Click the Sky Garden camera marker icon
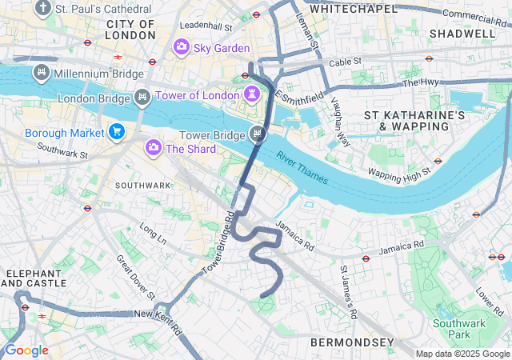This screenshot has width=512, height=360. click(x=182, y=48)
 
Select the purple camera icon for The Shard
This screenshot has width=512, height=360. click(x=153, y=148)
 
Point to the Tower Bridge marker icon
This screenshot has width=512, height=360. click(x=257, y=134)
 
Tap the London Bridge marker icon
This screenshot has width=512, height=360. click(x=142, y=98)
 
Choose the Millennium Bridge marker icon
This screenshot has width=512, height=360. click(x=41, y=74)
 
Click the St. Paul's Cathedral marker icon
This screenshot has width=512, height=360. click(x=42, y=9)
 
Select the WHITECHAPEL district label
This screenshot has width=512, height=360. click(x=353, y=9)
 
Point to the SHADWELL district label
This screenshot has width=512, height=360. click(x=462, y=34)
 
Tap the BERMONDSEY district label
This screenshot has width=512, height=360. click(x=352, y=342)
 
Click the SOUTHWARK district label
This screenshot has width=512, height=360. click(x=143, y=185)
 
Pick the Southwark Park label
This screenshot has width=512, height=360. click(x=453, y=329)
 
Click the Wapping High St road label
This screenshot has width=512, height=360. click(x=399, y=170)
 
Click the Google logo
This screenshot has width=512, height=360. click(x=26, y=350)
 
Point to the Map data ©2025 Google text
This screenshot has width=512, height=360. click(x=462, y=354)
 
